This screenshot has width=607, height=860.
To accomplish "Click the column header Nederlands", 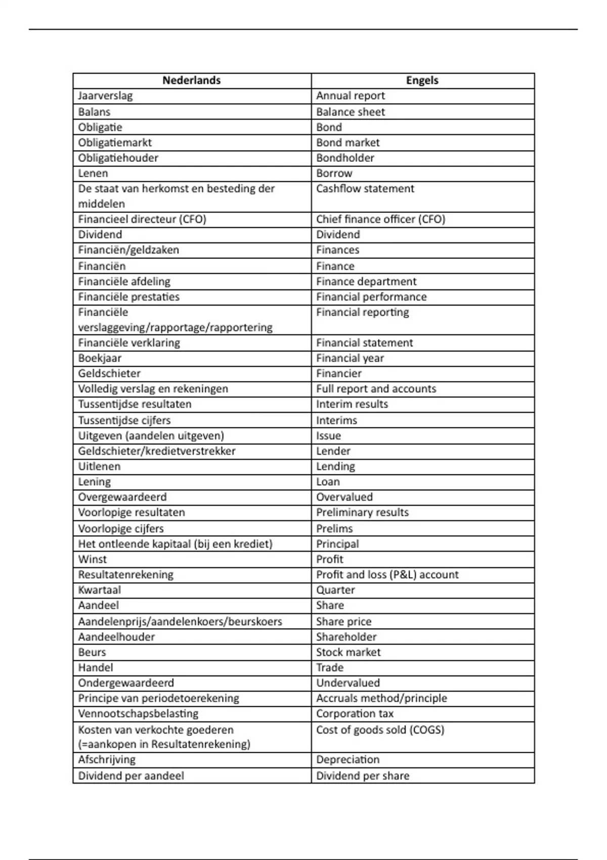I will (191, 80).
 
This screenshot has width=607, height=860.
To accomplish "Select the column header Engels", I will (422, 80).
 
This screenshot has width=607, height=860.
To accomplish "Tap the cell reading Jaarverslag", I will (105, 96).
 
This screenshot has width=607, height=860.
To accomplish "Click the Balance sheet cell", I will (351, 112).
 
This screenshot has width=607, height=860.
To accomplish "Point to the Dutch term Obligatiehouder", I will (118, 158).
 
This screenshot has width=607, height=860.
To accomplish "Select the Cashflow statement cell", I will (365, 189).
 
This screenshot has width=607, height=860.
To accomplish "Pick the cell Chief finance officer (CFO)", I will (380, 219).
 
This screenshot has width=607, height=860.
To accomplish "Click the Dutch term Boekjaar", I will (100, 358).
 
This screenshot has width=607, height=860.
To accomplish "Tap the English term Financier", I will (339, 373).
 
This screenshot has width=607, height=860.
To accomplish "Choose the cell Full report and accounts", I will (376, 389).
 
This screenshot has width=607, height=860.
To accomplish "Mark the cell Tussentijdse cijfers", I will (124, 420).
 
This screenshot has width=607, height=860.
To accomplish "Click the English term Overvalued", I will (344, 497).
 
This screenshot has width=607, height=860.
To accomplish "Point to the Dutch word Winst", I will (93, 559).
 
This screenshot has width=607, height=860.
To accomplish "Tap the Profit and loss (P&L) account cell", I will (387, 574).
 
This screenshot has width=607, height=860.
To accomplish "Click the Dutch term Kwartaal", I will (100, 590).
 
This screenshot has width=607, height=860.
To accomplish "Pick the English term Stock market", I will (348, 652).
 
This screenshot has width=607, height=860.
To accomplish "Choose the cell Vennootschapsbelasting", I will (138, 713).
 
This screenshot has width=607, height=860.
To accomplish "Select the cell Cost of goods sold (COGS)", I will (380, 729).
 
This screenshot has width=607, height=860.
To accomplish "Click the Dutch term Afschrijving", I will (107, 759).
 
